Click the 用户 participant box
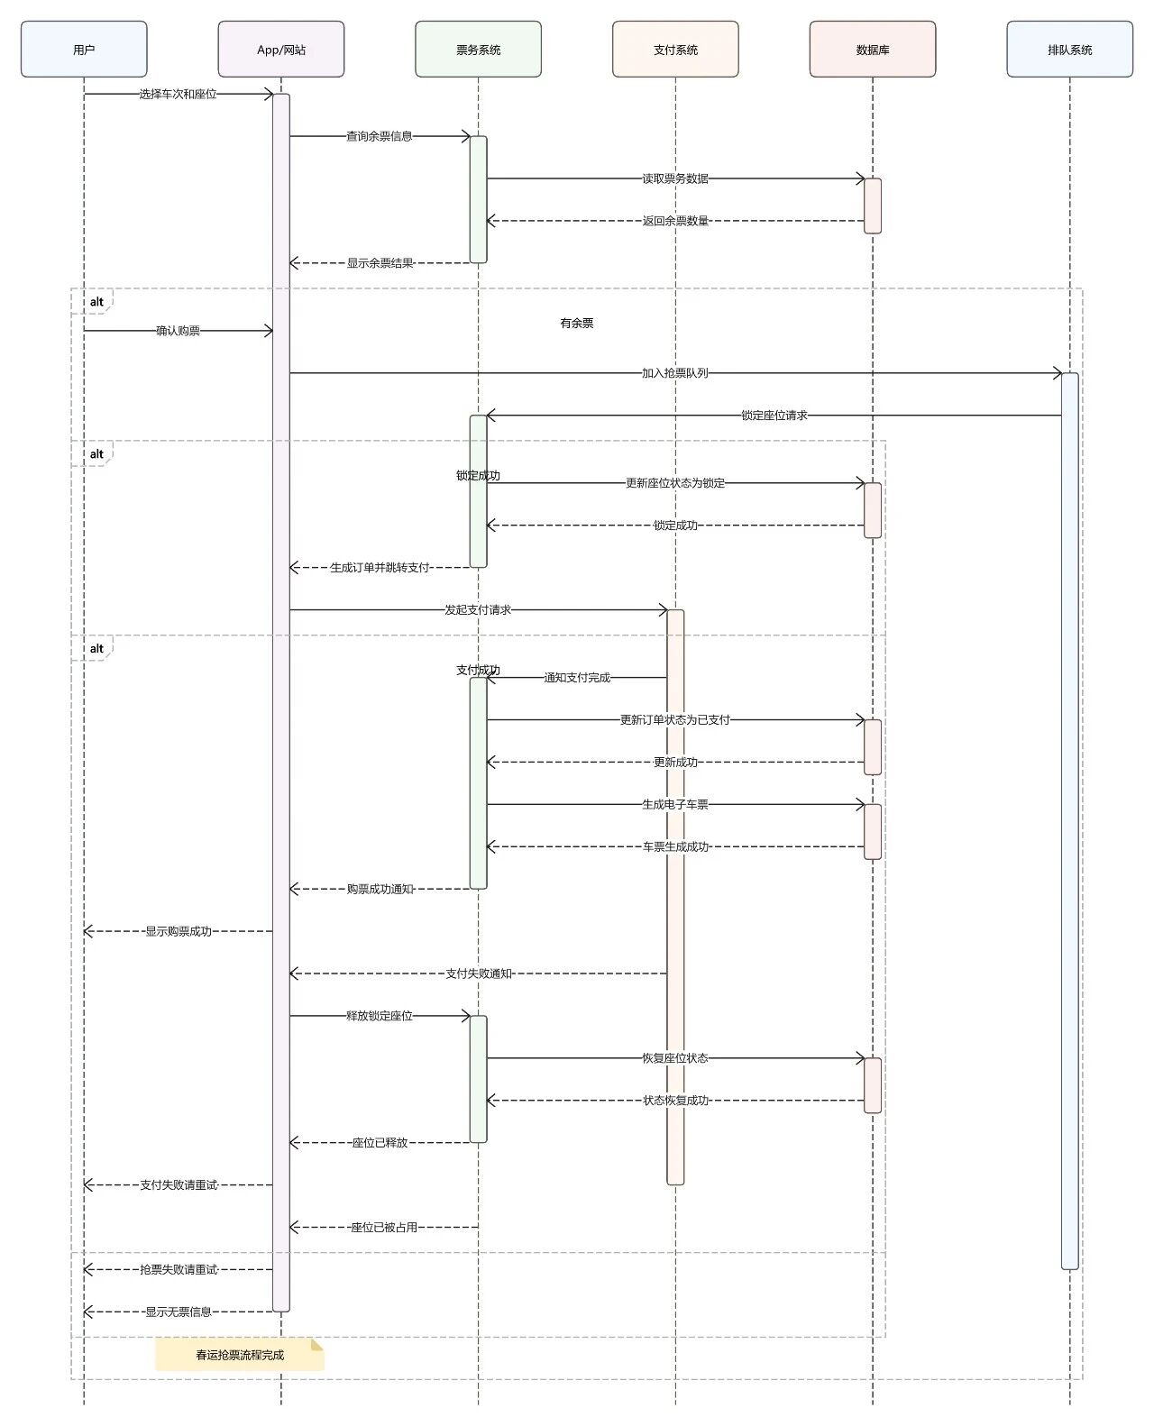84,50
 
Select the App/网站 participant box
281,50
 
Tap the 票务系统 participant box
478,50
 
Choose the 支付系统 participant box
675,50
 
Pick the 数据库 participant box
873,50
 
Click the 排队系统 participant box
1069,50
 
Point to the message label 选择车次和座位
178,94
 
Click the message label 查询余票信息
380,136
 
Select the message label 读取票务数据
675,178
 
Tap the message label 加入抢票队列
675,373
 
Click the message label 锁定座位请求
774,416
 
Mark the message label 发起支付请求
478,610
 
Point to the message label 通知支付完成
577,678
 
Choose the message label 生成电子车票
675,804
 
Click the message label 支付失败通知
479,974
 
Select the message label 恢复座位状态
675,1058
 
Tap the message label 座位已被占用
384,1227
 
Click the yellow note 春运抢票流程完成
240,1355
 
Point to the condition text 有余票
577,323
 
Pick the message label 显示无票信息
179,1312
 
